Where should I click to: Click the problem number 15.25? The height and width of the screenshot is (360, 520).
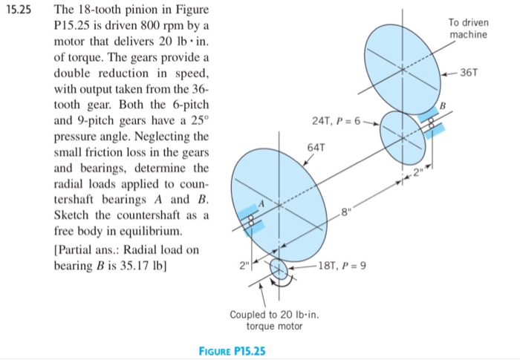click(22, 12)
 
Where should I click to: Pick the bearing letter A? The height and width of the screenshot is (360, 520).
click(260, 200)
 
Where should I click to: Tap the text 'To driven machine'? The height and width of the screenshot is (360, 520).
click(469, 29)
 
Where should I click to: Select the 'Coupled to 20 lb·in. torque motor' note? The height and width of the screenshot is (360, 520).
click(275, 320)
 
